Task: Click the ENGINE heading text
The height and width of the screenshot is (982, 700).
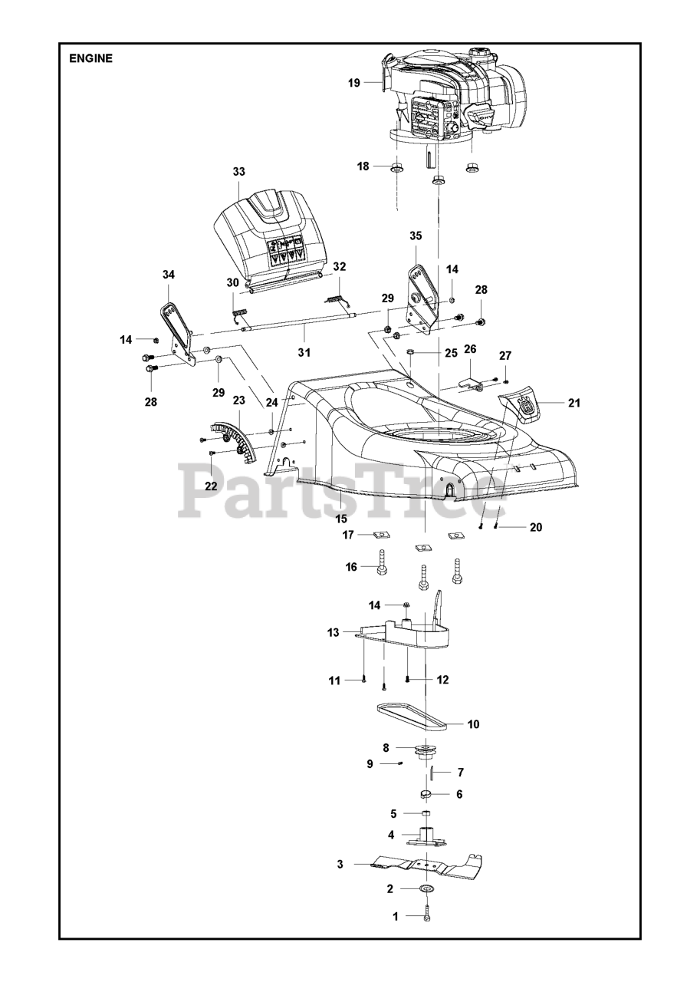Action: pos(90,58)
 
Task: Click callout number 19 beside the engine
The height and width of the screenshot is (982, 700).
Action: pos(353,83)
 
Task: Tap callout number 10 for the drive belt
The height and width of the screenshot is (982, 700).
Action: pos(473,723)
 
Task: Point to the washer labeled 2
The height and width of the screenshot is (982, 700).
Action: pos(426,889)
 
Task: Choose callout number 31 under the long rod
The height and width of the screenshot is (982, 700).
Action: pos(304,353)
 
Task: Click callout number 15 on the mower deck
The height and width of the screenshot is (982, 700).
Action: pos(340,519)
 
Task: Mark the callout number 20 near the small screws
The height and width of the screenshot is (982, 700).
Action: pos(535,527)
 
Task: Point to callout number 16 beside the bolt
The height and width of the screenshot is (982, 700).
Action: pos(351,567)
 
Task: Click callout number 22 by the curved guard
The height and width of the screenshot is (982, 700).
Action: pos(211,486)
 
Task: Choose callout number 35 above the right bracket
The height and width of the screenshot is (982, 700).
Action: pos(415,236)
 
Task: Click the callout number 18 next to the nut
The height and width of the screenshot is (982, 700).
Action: pos(363,166)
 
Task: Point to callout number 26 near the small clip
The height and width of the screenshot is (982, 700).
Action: pos(470,349)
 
